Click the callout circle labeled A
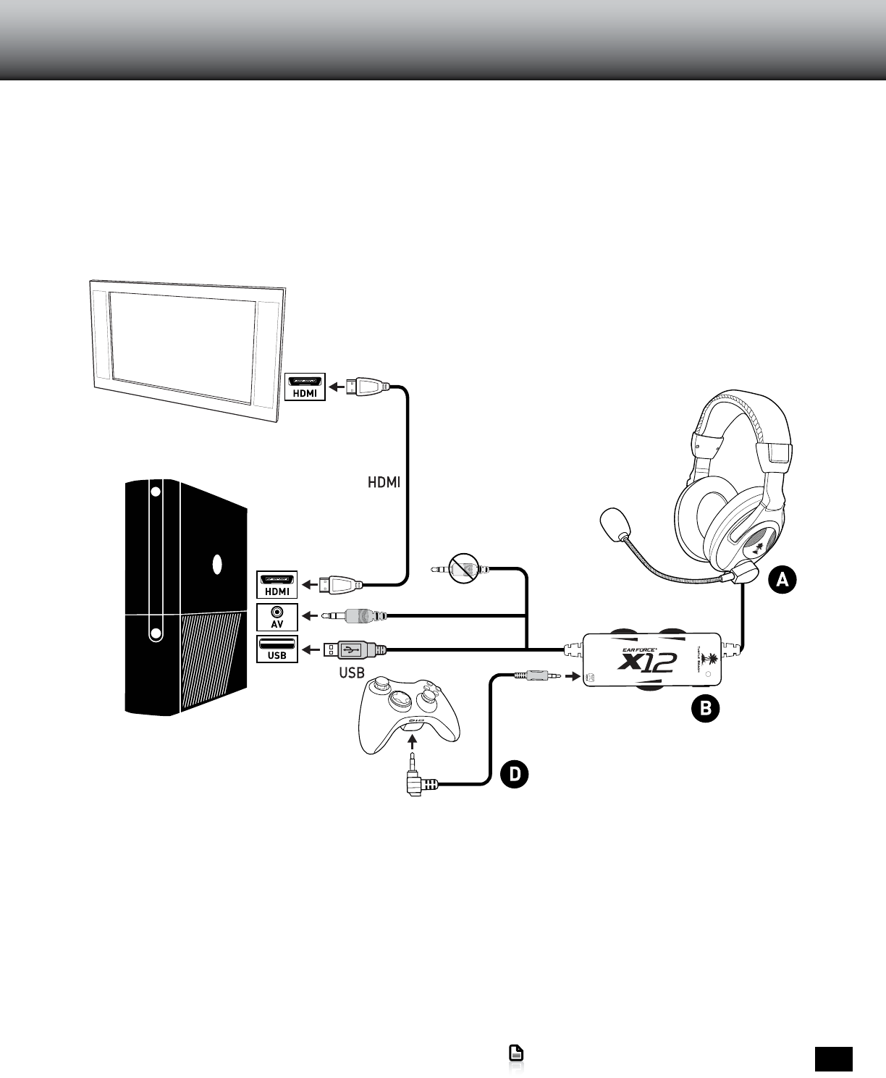pyautogui.click(x=782, y=580)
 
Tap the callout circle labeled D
pyautogui.click(x=514, y=774)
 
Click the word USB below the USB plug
pyautogui.click(x=352, y=673)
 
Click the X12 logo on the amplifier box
pyautogui.click(x=647, y=661)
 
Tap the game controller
pyautogui.click(x=409, y=714)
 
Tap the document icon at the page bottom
pyautogui.click(x=516, y=1054)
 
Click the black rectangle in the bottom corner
pyautogui.click(x=833, y=1058)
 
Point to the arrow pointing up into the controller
pyautogui.click(x=412, y=742)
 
